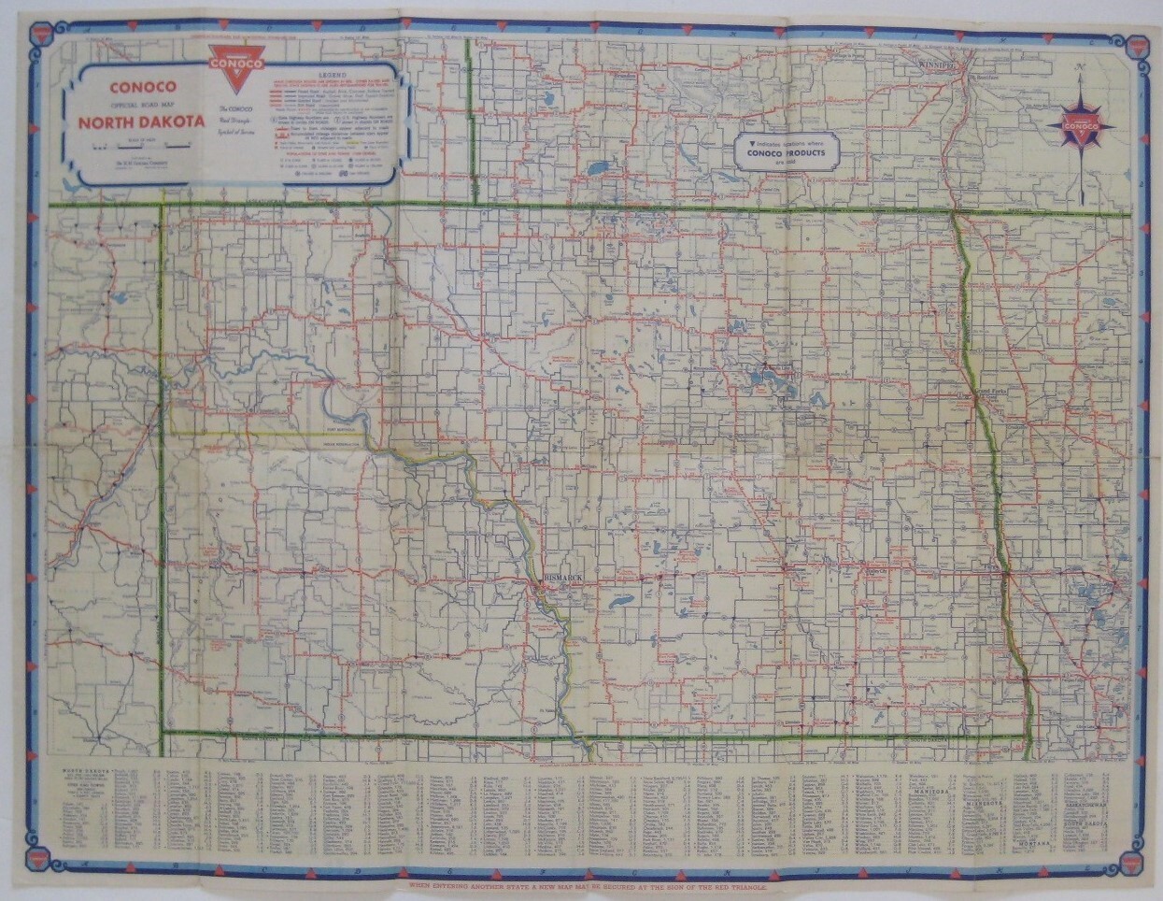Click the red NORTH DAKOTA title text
click(x=142, y=122)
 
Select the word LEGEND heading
click(x=333, y=73)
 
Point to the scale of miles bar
click(x=141, y=147)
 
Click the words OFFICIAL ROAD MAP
click(x=143, y=104)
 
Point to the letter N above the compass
click(x=1080, y=67)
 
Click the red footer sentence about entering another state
click(x=581, y=884)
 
